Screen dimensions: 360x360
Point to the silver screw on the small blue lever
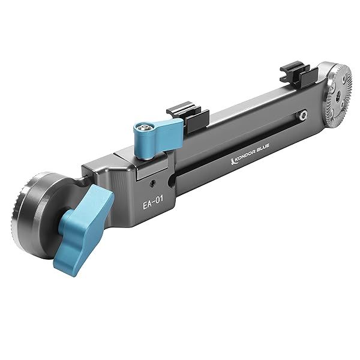point(143,128)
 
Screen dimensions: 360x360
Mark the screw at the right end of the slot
point(305,114)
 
